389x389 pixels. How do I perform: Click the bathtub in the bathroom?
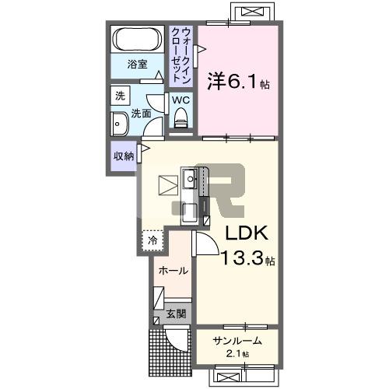pos(138,39)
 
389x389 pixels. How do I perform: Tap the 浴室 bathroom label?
pos(138,64)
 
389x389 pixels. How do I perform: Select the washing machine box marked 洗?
pos(120,96)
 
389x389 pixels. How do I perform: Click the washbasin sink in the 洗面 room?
pos(119,124)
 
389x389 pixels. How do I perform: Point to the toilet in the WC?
pos(181,118)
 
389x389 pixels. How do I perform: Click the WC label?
pos(181,100)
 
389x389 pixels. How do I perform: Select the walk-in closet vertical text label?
pos(181,55)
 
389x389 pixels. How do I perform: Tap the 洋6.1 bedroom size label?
pos(238,82)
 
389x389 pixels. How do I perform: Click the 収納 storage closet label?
pos(124,156)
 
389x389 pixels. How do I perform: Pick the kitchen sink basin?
pos(191,179)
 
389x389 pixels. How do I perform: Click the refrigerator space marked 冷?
pos(152,240)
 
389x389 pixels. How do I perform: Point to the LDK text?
pos(247,233)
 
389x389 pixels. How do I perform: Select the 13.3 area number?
pos(243,258)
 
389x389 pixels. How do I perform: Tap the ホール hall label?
pos(173,271)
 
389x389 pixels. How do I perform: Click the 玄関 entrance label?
pos(176,314)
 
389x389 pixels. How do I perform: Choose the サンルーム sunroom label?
pos(237,341)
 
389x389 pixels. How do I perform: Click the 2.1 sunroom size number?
pos(234,354)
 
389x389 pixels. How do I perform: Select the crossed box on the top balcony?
pos(253,12)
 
